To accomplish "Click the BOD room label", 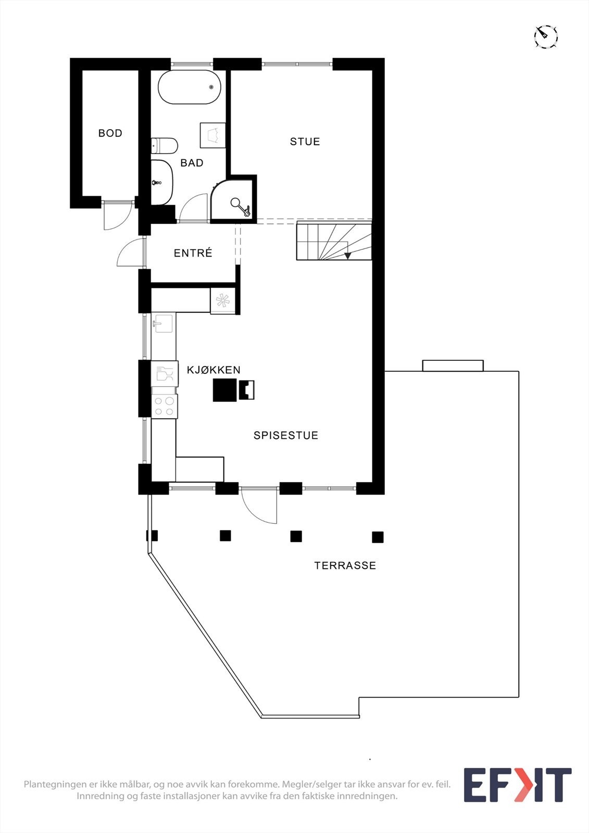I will pyautogui.click(x=110, y=133).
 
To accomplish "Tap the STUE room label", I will pyautogui.click(x=305, y=142).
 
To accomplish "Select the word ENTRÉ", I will pyautogui.click(x=193, y=253).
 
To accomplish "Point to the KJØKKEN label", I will pyautogui.click(x=214, y=370).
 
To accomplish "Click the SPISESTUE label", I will pyautogui.click(x=285, y=435).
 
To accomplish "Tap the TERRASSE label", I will pyautogui.click(x=345, y=565).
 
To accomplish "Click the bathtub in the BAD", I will pyautogui.click(x=189, y=87).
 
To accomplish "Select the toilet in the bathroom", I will pyautogui.click(x=165, y=146).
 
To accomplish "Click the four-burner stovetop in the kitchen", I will pyautogui.click(x=164, y=407).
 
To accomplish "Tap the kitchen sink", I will pyautogui.click(x=163, y=324).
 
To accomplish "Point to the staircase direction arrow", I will pyautogui.click(x=347, y=255).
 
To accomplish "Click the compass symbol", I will pyautogui.click(x=546, y=37).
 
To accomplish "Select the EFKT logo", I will pyautogui.click(x=517, y=785).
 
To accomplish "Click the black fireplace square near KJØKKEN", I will pyautogui.click(x=224, y=390).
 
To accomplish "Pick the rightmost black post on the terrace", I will pyautogui.click(x=378, y=537).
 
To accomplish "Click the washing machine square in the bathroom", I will pyautogui.click(x=212, y=135).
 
